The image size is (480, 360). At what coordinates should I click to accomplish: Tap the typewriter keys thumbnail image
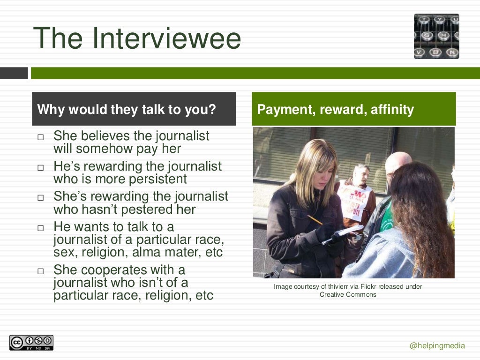tap(436, 36)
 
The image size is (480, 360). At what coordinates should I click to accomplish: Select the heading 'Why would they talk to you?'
tap(127, 110)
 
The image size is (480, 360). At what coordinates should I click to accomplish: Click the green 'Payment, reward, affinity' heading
tap(336, 110)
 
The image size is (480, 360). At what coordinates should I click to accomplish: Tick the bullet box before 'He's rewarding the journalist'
tap(40, 167)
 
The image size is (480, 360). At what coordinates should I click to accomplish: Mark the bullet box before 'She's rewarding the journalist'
tap(40, 197)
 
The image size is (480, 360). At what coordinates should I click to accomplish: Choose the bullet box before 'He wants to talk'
tap(40, 228)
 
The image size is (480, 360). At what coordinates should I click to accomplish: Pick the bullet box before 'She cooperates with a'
tap(40, 271)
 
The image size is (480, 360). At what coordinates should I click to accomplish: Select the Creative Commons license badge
tap(31, 343)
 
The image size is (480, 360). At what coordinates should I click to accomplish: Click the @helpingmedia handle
tap(437, 346)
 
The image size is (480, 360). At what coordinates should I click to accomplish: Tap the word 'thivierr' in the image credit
tap(345, 286)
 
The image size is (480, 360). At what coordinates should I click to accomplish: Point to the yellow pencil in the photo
tap(315, 219)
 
